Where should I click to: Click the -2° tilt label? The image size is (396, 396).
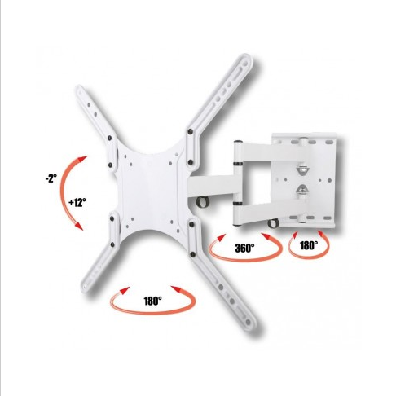coord(51,178)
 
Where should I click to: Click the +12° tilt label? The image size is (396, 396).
coord(77,202)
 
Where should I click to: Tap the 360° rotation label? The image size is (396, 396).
coord(244,248)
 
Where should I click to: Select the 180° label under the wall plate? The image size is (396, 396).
coord(309,245)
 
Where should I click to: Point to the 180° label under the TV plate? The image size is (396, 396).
coord(152,301)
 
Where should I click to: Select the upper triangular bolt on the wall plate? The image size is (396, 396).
coord(302,169)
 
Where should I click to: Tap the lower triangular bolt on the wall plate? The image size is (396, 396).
coord(302,190)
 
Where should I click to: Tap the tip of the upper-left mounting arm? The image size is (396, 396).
coord(80,90)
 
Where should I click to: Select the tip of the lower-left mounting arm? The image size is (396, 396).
coord(85,288)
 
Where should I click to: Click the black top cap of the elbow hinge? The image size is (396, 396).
coord(238,142)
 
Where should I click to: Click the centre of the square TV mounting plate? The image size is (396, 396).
coord(151,190)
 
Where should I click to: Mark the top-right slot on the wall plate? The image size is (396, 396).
coord(329,142)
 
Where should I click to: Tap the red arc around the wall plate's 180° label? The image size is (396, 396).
coord(309,255)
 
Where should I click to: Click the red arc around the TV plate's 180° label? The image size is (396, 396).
coord(152,312)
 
